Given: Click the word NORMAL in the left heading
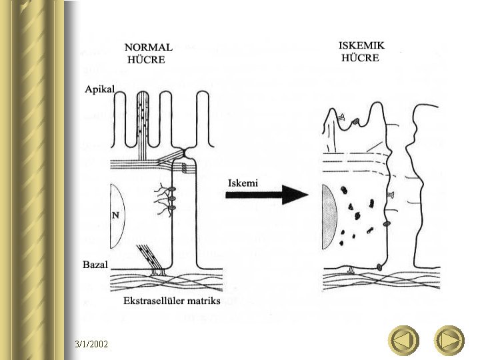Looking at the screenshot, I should pyautogui.click(x=148, y=48).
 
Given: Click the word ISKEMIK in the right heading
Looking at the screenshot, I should pyautogui.click(x=361, y=45).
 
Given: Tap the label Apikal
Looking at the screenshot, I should pyautogui.click(x=101, y=88).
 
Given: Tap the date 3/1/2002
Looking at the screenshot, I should pyautogui.click(x=91, y=344).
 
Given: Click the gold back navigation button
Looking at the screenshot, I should pyautogui.click(x=404, y=341).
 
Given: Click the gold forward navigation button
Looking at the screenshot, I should pyautogui.click(x=449, y=341).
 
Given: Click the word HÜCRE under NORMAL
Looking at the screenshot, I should pyautogui.click(x=146, y=59).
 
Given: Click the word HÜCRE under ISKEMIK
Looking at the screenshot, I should pyautogui.click(x=360, y=57).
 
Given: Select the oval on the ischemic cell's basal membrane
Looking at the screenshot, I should pyautogui.click(x=380, y=267).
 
